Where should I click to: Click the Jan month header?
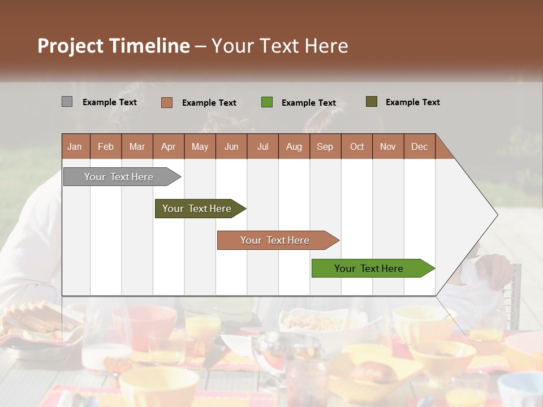[75, 147]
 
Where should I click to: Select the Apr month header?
[168, 147]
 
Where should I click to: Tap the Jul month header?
[262, 147]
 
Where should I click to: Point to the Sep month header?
[325, 147]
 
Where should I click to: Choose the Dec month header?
[419, 147]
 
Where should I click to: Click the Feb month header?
[106, 147]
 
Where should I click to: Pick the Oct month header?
[357, 147]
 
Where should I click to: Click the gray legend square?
[67, 102]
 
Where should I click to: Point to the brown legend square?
[166, 102]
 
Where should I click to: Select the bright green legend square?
[266, 102]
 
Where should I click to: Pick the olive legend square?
[371, 102]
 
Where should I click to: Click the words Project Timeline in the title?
[113, 46]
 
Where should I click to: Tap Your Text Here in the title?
[280, 46]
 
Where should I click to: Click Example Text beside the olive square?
[412, 102]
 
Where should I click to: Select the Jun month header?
[231, 147]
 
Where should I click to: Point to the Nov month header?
[388, 147]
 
